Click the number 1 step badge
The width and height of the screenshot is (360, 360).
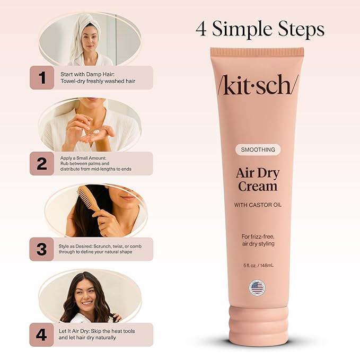point(42,77)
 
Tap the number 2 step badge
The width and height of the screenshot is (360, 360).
point(42,164)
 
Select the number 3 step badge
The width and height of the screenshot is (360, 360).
point(42,249)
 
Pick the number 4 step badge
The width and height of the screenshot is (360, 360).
point(42,335)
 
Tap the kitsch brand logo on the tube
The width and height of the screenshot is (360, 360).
point(257,84)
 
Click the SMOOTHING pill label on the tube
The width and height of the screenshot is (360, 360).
point(257,150)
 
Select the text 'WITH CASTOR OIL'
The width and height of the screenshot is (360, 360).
point(257,205)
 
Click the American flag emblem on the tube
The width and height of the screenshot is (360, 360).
point(257,288)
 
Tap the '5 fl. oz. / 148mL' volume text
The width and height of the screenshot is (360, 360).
point(257,267)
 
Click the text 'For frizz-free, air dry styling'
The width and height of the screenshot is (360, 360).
point(257,239)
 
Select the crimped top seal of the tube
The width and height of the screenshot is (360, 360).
point(257,52)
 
